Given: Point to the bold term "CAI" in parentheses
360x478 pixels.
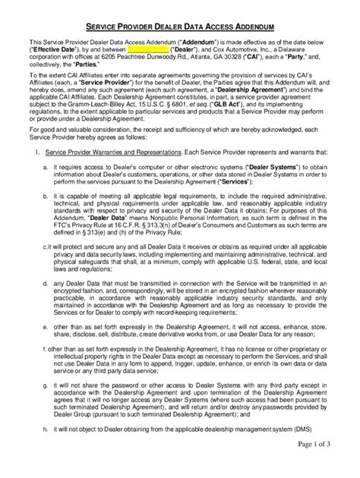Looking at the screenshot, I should (274, 62).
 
